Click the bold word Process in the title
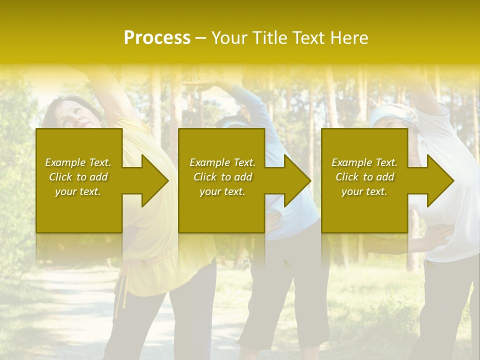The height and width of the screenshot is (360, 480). click(x=157, y=38)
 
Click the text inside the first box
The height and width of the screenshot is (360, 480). click(x=78, y=177)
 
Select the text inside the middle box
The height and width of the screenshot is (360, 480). click(x=222, y=177)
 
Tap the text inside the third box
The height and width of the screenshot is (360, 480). click(x=364, y=177)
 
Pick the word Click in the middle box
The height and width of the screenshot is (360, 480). click(x=204, y=177)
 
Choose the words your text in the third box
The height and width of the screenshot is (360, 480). click(x=364, y=191)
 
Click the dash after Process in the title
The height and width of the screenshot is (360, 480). click(x=200, y=38)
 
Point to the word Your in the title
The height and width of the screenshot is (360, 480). click(x=229, y=38)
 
